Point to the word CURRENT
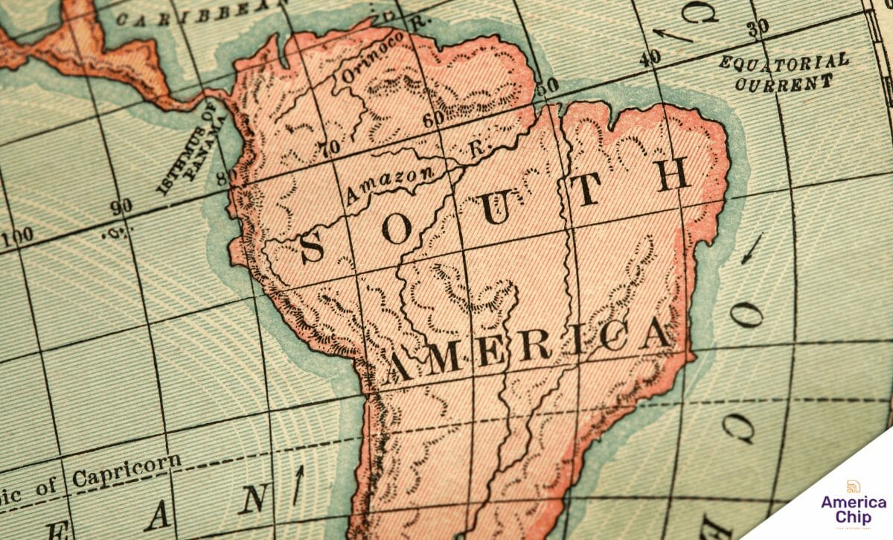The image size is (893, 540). tap(784, 82)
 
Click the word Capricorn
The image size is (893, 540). tap(127, 470)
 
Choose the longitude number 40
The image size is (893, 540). tap(649, 57)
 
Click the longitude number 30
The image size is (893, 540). tap(758, 28)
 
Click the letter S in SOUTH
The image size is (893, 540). tap(311, 247)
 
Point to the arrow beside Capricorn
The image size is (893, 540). tap(299, 483)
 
